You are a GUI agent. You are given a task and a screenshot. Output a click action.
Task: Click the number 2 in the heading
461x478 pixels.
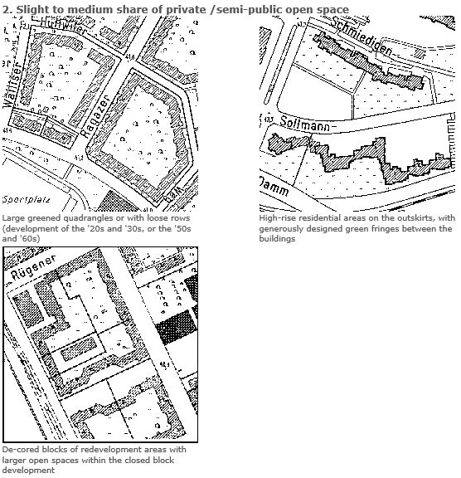point(6,9)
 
